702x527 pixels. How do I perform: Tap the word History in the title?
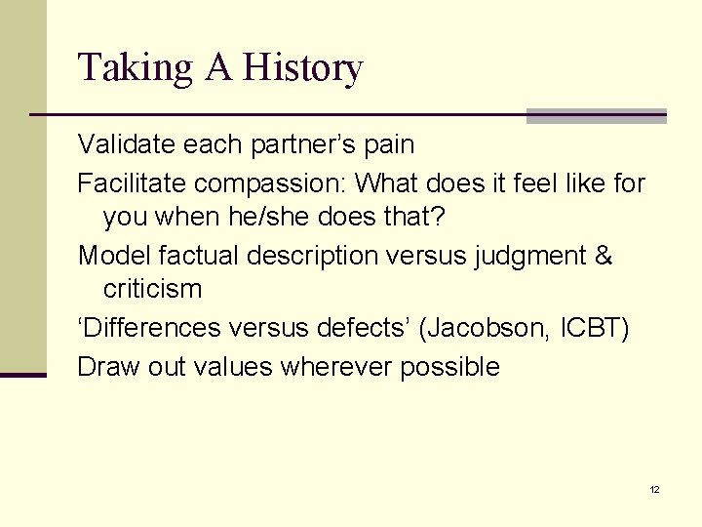(x=303, y=69)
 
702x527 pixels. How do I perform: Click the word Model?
(x=110, y=257)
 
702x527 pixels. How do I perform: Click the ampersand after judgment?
(x=604, y=257)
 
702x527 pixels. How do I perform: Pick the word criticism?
(x=152, y=290)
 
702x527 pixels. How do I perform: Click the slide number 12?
(x=654, y=489)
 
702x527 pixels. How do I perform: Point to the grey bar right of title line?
(x=596, y=116)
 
